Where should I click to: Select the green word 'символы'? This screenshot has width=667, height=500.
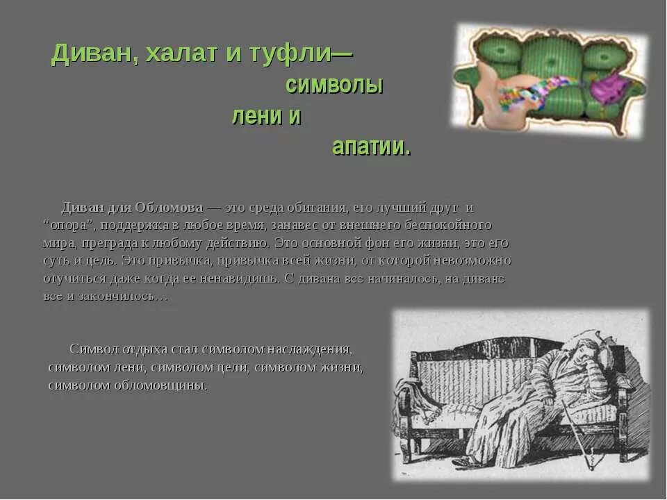(x=334, y=85)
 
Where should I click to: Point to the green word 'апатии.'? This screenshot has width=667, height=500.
(x=371, y=147)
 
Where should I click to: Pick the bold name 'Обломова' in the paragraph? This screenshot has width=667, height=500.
(x=169, y=207)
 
